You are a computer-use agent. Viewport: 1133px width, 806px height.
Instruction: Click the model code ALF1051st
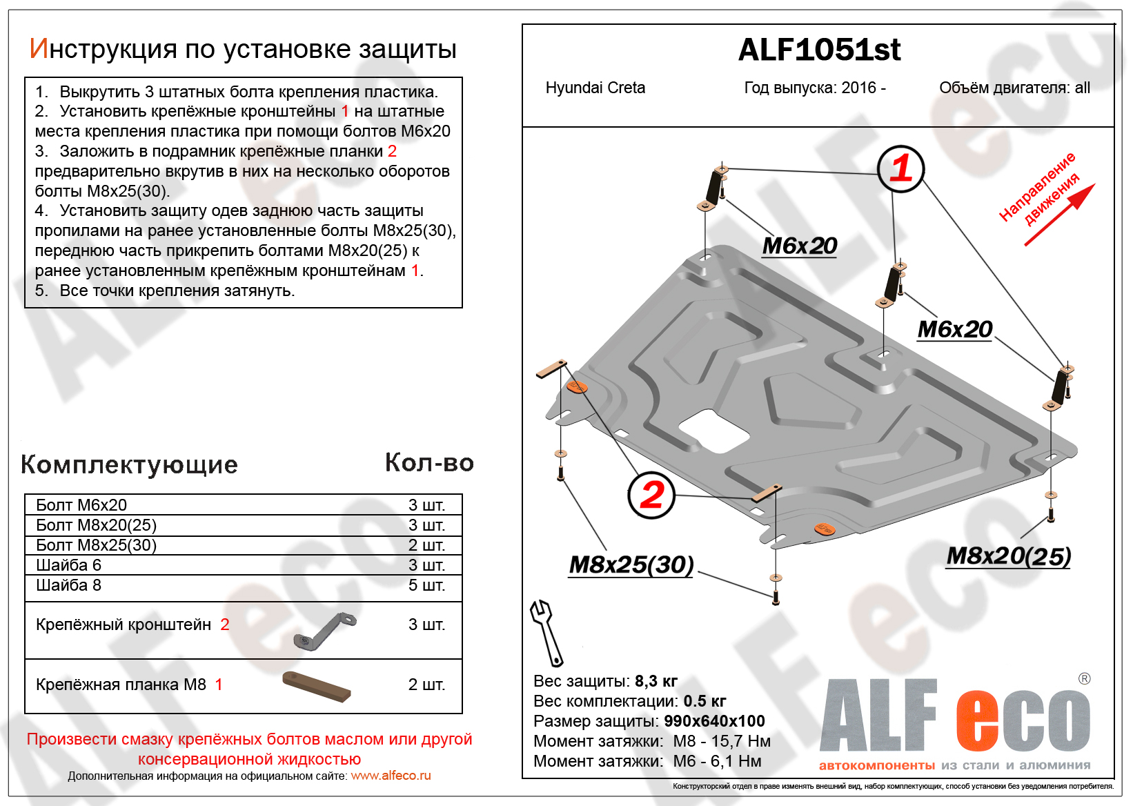tap(819, 50)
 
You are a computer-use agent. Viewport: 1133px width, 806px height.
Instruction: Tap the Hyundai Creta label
tap(595, 88)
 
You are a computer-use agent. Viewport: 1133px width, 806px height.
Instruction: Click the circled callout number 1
tap(900, 168)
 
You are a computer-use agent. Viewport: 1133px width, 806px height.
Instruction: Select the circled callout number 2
tap(651, 495)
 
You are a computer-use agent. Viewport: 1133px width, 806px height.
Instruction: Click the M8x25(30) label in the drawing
tap(631, 564)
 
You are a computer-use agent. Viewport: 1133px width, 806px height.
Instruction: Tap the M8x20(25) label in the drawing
tap(1009, 556)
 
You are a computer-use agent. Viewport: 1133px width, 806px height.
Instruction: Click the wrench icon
tap(545, 631)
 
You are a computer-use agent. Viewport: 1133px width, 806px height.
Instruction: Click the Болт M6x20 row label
tap(81, 505)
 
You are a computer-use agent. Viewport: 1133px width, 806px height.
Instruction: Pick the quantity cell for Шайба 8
tap(426, 585)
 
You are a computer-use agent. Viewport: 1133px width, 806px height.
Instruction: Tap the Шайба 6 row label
tap(68, 565)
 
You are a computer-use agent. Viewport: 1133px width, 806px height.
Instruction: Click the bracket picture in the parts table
tap(324, 630)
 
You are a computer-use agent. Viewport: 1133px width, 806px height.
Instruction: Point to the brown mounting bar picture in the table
tap(317, 687)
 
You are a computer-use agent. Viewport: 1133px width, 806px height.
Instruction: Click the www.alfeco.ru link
tap(391, 776)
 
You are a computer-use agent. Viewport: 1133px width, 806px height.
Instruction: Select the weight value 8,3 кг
tap(656, 681)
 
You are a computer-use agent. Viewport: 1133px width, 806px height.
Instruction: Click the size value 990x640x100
tap(714, 721)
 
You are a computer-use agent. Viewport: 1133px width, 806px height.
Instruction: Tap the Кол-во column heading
tap(429, 463)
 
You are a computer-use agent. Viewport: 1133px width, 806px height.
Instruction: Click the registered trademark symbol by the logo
tap(1084, 678)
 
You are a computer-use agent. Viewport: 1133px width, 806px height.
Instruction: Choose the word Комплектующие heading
tap(129, 464)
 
